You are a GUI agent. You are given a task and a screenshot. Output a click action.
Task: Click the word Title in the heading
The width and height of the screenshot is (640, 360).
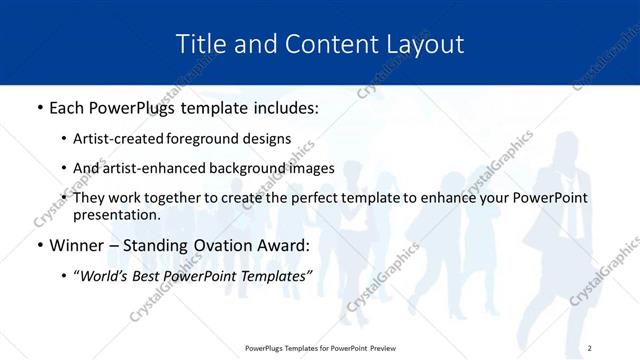point(198,44)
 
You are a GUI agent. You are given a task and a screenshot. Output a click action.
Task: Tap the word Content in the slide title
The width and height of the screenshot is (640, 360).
point(320,44)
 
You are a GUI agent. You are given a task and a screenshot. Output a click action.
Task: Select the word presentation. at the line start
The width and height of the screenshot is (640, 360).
point(117,214)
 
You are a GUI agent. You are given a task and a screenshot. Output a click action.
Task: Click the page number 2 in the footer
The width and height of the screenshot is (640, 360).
point(590,348)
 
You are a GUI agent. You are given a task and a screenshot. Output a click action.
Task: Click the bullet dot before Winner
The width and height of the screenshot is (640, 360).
point(39,245)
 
